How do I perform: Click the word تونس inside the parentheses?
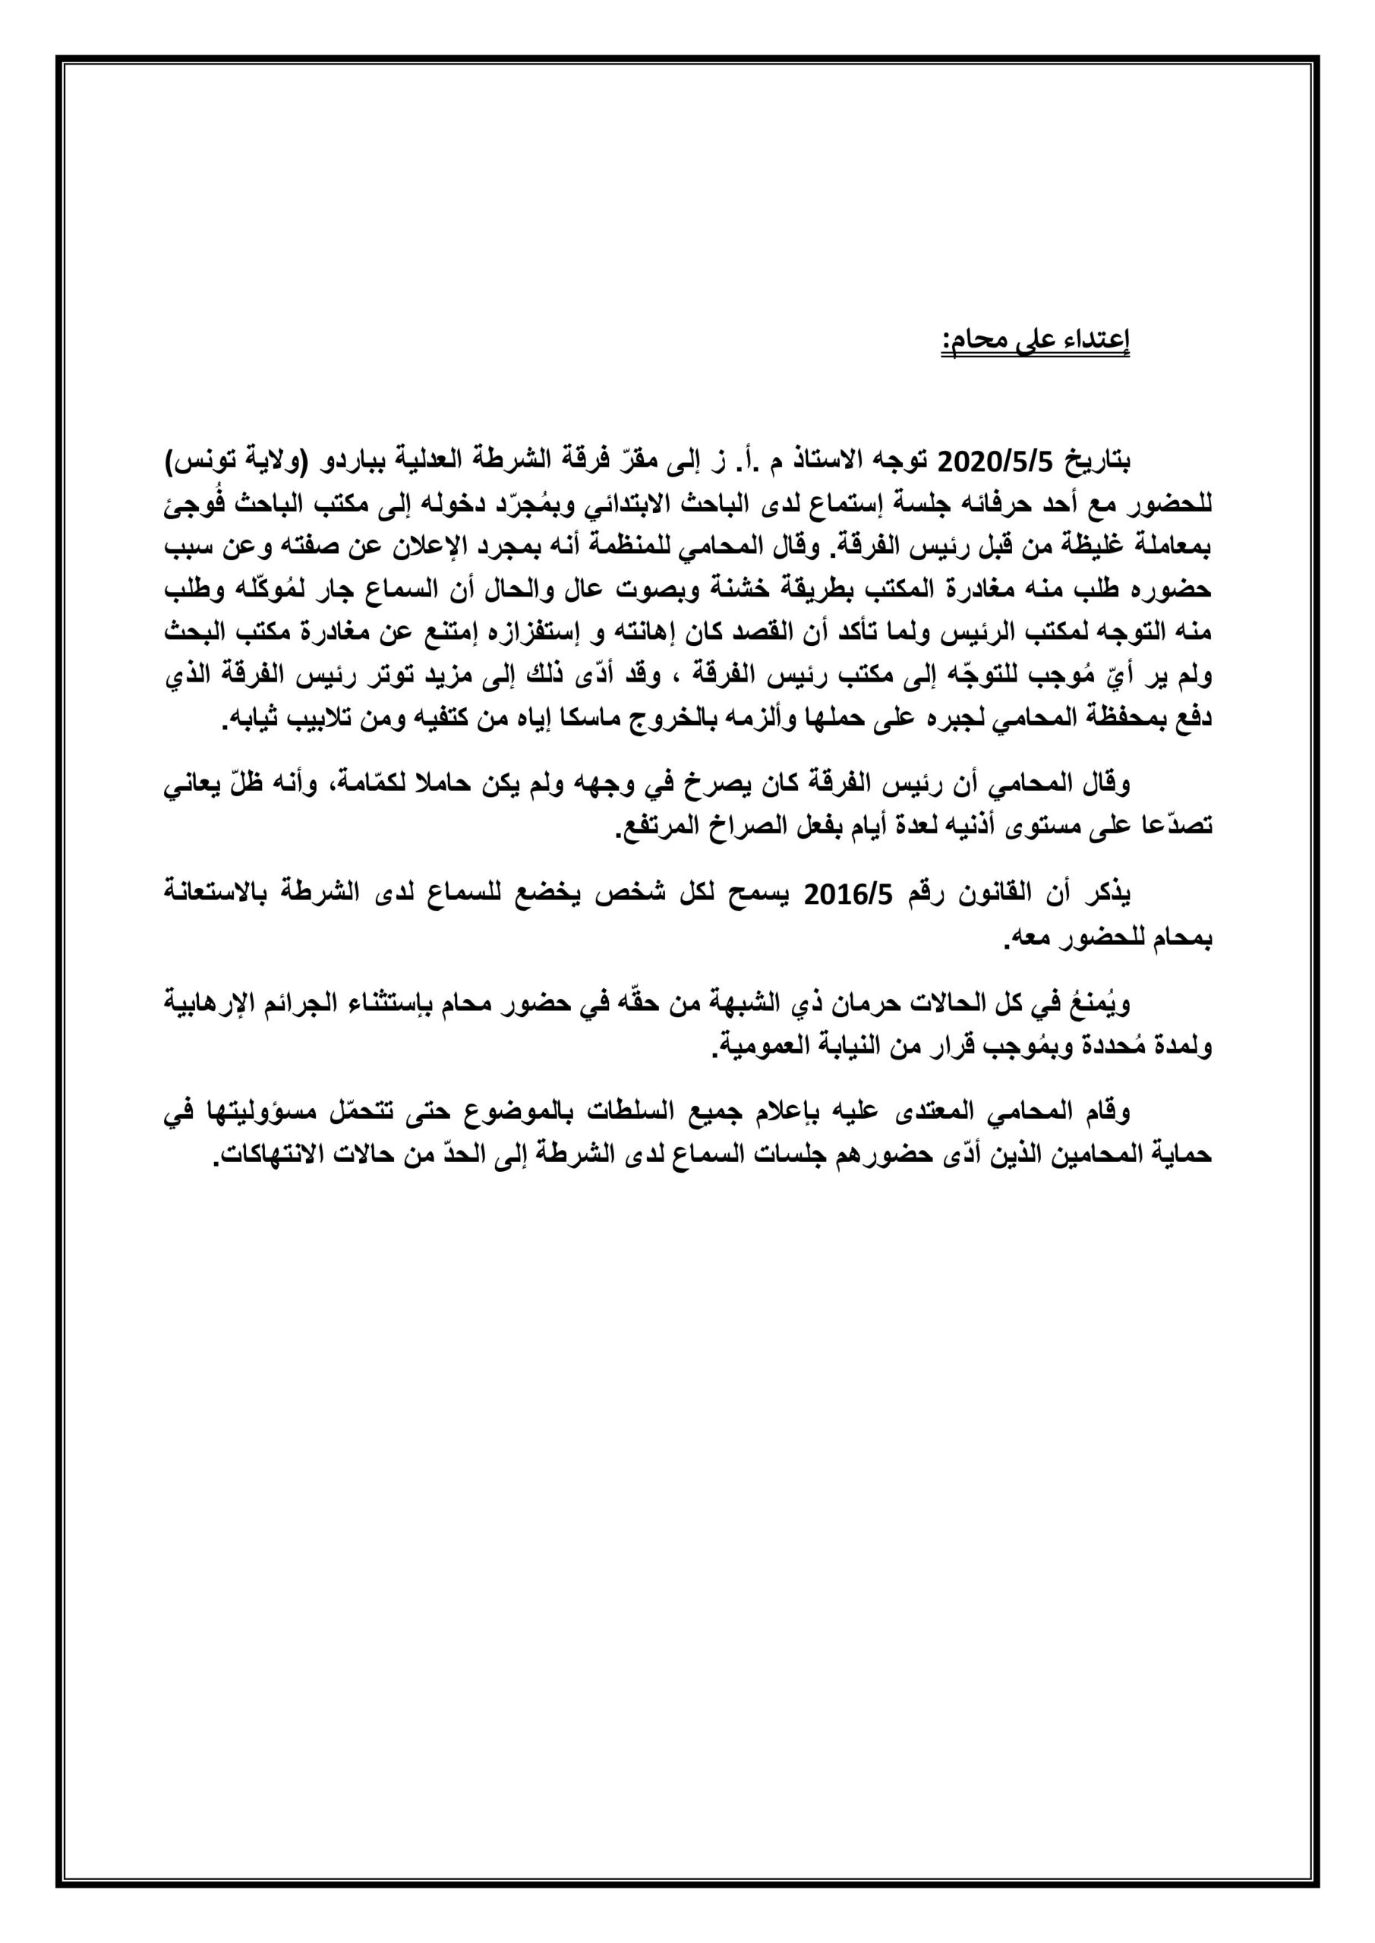pos(199,463)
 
